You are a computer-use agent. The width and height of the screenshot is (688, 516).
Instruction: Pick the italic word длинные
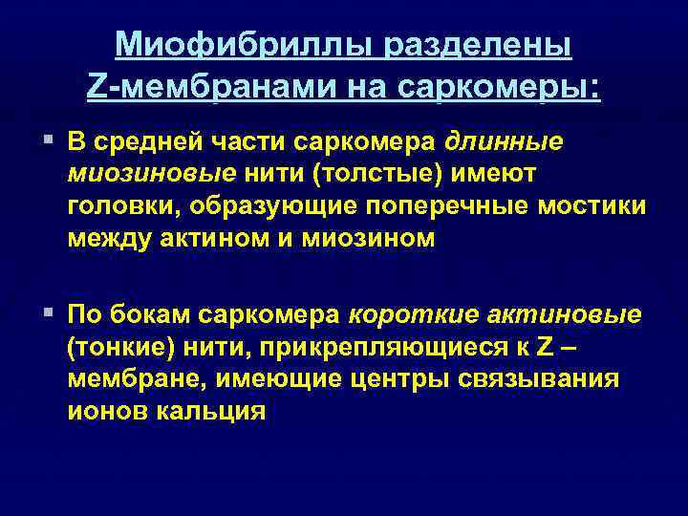point(504,141)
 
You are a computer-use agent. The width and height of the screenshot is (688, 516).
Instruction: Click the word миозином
point(380,239)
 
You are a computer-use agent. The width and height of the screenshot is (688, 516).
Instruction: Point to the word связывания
point(546,379)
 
